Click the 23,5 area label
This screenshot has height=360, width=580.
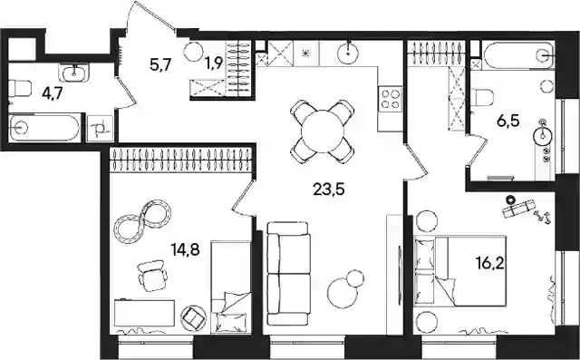328,190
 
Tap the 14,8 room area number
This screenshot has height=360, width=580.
185,250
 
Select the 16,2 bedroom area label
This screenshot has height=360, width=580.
490,264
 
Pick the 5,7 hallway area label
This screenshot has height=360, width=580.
160,65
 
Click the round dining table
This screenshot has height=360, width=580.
323,131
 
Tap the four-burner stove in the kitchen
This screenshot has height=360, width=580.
390,99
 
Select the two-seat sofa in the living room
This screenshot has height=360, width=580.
288,274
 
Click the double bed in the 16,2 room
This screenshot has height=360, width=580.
460,271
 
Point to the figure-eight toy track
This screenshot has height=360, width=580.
142,221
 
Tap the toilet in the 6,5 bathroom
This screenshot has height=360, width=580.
483,97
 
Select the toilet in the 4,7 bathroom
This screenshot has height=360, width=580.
19,89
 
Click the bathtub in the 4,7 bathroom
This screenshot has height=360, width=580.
44,128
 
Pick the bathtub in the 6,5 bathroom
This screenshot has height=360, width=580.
517,55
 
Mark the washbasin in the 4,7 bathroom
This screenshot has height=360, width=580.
75,73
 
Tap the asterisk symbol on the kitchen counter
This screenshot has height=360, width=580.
305,53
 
